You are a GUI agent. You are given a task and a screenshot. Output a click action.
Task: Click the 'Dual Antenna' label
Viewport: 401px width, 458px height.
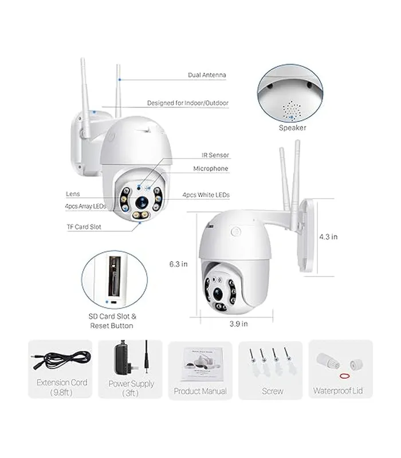pos(207,75)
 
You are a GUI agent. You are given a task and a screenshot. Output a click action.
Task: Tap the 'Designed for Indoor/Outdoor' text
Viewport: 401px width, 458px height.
pos(188,103)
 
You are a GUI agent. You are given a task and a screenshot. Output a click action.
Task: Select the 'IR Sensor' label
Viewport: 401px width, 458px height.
pos(215,155)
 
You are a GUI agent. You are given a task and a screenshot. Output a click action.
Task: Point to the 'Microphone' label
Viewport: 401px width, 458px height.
pos(211,168)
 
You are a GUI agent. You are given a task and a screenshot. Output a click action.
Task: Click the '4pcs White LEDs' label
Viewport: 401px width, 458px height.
pos(206,195)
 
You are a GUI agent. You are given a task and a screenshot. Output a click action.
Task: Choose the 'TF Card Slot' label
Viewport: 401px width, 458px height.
pos(84,227)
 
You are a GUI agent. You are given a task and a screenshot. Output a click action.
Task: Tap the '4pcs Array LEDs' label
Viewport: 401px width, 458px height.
pos(85,206)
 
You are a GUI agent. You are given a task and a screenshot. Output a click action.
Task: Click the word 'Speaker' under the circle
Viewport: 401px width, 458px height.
pos(292,128)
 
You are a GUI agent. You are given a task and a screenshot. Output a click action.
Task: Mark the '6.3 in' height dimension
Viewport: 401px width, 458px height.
pos(178,264)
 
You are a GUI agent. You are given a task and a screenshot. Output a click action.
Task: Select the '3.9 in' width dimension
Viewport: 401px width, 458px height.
pos(238,323)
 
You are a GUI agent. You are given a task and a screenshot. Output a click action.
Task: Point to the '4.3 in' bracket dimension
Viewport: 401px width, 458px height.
pos(328,237)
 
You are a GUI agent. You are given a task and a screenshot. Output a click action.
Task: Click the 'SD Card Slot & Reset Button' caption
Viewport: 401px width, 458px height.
pos(112,321)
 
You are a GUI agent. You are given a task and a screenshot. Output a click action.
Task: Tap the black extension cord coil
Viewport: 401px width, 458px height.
pos(61,360)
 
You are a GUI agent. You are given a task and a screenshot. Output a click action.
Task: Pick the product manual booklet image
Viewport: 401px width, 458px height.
pos(202,364)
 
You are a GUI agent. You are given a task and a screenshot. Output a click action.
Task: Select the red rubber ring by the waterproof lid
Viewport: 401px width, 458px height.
pos(345,376)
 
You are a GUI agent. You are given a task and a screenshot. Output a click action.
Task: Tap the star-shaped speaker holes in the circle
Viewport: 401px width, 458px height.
pos(292,110)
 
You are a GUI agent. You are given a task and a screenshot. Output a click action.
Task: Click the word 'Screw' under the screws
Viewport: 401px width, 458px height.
pos(273,391)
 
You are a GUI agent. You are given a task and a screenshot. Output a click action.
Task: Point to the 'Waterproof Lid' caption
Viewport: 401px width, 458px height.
pos(338,391)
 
